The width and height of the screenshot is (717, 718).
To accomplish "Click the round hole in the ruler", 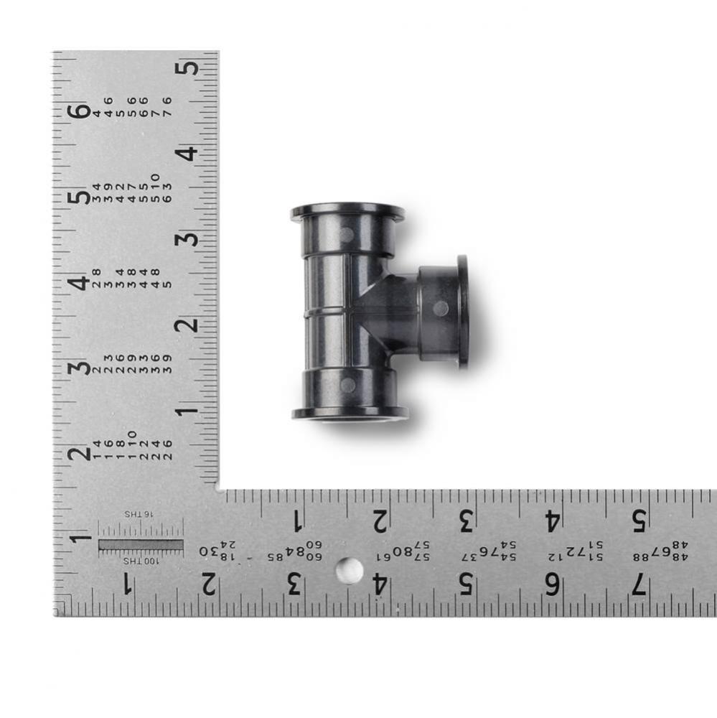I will point(350,571).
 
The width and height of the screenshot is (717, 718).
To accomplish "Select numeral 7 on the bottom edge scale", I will point(638,585).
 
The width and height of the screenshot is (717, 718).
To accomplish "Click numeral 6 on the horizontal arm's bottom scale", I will point(552,585).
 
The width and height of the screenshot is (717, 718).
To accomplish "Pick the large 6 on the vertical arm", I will point(81,111).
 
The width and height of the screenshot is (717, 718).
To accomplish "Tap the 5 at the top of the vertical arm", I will point(187,68).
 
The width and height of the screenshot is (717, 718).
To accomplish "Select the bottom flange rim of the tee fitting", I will point(350,414).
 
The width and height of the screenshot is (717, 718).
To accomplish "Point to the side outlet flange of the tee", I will point(463,311).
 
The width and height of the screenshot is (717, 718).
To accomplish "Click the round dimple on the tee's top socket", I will point(347,235).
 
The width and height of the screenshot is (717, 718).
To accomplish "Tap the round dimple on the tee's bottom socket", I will point(348,385).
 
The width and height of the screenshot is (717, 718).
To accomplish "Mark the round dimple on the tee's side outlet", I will point(441,309).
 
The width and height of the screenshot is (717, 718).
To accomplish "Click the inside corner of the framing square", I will point(219,490).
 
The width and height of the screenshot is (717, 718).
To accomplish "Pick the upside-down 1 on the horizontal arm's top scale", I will point(296,519).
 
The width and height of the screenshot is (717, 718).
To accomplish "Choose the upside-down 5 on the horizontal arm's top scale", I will point(639,519).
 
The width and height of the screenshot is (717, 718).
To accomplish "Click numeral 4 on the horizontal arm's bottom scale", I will point(380,585).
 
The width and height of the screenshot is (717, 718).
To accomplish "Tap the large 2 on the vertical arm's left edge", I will point(81,453).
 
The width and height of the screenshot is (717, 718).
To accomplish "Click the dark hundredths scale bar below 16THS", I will point(141,545).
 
